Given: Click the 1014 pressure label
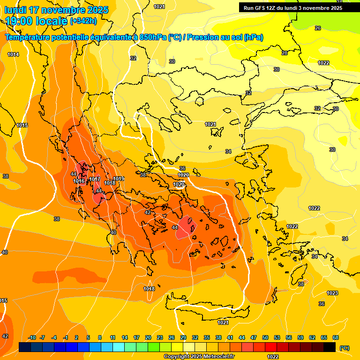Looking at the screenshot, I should point(13,55).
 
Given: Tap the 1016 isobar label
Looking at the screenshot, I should point(79,181).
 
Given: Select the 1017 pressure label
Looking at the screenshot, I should point(95,179).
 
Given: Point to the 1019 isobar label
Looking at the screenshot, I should point(119,179).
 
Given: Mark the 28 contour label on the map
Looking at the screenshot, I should point(285,53).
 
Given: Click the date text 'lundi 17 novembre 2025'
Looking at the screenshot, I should point(57,10).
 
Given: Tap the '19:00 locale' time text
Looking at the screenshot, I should point(36,21).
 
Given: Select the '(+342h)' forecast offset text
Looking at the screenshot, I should point(83,21).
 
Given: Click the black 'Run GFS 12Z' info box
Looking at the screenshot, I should point(293,7).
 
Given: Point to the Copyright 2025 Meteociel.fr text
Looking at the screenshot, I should point(199,357).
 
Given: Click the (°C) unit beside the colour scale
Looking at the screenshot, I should point(345,348).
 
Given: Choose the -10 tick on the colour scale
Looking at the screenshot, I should point(32,337).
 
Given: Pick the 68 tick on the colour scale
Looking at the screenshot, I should point(336,337).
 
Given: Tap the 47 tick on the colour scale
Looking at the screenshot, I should point(254,337).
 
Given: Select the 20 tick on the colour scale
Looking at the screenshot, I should point(148,337).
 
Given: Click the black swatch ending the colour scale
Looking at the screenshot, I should point(330,347).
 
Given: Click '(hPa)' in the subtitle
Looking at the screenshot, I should point(254,37).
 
